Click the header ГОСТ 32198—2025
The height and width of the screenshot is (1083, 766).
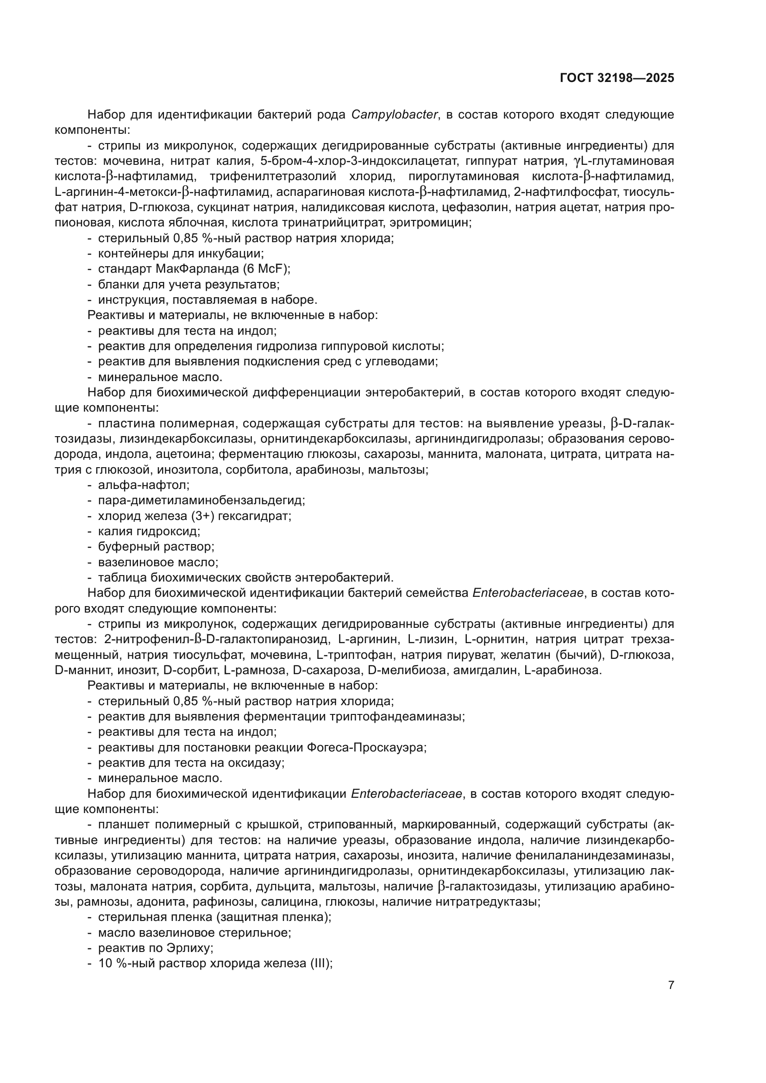617,78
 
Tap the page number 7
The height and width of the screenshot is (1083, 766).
671,985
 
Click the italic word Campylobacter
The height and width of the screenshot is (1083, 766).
394,115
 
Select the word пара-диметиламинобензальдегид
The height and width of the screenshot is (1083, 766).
201,501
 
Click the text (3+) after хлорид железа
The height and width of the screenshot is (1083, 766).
203,516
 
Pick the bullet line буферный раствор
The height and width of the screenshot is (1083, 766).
156,547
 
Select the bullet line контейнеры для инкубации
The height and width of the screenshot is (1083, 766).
181,253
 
